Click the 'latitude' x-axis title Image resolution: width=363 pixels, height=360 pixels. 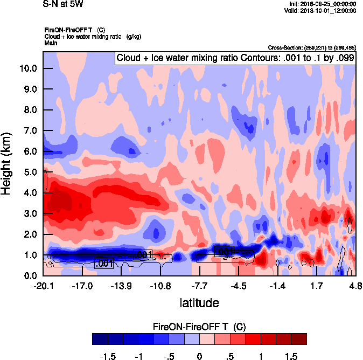(199, 303)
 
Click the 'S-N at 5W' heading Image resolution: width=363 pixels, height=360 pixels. (63, 5)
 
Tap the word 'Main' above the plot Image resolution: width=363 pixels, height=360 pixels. (51, 42)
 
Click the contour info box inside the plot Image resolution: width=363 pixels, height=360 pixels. (235, 58)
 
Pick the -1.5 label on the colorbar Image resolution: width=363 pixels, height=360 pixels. (109, 357)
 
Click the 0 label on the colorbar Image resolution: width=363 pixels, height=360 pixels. (199, 357)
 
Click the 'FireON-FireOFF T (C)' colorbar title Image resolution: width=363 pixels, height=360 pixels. (199, 327)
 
